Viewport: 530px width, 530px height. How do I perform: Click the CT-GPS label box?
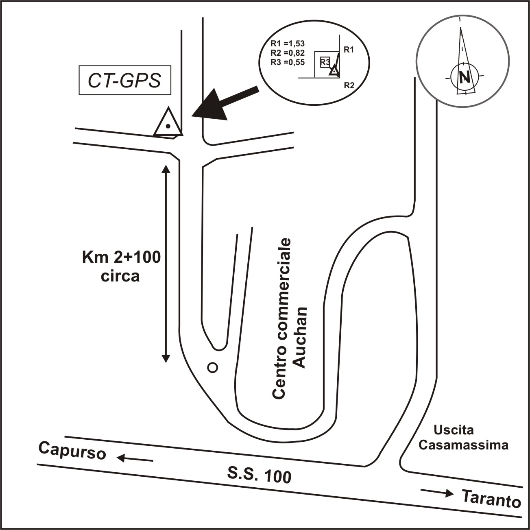(125, 81)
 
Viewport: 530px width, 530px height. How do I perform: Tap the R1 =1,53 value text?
(288, 44)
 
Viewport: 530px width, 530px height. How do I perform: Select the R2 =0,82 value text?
(288, 53)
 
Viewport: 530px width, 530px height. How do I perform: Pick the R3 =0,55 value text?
(288, 62)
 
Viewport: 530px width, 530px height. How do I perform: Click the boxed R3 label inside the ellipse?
(325, 62)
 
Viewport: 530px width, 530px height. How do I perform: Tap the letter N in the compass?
(464, 77)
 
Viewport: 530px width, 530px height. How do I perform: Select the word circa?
(120, 276)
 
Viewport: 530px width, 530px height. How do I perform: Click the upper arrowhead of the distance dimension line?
(166, 168)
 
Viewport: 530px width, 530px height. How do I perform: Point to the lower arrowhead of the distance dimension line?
(166, 358)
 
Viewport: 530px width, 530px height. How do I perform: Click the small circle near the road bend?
(212, 368)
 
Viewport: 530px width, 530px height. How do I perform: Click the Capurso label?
(72, 451)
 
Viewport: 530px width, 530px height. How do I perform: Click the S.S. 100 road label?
(260, 475)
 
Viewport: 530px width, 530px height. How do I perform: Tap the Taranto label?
(492, 498)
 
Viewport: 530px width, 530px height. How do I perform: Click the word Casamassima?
(463, 445)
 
